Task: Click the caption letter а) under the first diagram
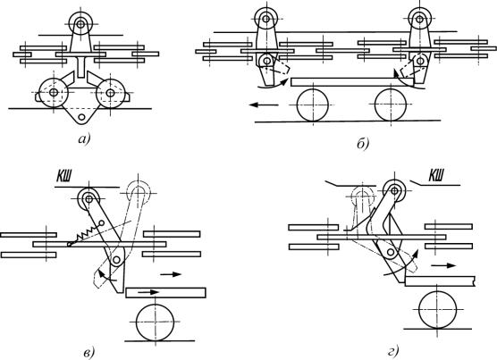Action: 84,139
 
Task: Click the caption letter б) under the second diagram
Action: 363,144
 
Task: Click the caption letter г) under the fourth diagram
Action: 392,351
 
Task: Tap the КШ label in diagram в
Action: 64,177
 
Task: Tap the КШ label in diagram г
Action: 436,175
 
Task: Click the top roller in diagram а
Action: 80,24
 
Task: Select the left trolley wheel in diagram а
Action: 54,92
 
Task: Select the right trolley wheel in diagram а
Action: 110,93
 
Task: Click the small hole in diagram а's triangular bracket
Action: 82,117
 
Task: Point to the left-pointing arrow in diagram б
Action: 264,105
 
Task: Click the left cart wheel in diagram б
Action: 313,105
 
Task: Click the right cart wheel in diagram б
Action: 391,105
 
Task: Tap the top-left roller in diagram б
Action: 266,19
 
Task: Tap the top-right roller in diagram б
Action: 419,19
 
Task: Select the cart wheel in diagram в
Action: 155,322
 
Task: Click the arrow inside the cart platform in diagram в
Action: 148,292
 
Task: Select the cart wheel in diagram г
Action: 438,309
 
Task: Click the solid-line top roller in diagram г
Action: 394,191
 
